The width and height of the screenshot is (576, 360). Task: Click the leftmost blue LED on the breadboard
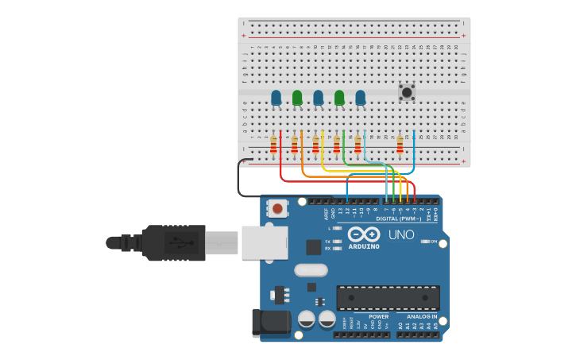276,97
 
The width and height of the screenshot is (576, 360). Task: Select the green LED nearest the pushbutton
339,97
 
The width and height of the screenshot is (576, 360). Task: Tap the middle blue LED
318,97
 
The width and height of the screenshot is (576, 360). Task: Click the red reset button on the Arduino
277,209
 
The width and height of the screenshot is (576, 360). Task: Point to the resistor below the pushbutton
400,144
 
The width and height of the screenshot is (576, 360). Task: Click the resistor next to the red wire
273,144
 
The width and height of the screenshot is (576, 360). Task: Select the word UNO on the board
400,235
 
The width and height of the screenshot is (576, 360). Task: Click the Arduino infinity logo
363,234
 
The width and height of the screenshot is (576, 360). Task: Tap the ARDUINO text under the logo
363,246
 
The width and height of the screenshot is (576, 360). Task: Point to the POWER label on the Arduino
378,316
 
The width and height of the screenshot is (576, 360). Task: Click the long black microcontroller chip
388,298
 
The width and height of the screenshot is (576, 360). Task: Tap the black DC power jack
272,323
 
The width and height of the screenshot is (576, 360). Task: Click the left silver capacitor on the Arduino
306,319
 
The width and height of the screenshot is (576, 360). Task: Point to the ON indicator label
433,241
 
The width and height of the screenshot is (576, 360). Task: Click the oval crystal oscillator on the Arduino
311,270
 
